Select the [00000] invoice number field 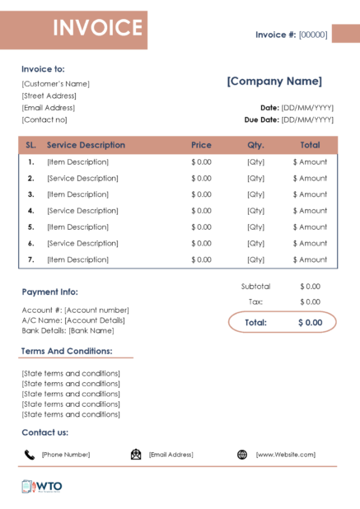(313, 35)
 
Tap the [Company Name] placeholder (274, 81)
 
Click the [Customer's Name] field (56, 83)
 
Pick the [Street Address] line (49, 96)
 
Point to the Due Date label (261, 119)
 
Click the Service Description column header (86, 145)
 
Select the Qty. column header (255, 145)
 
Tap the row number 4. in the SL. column (30, 211)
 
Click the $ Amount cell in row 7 (310, 259)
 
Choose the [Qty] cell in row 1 (255, 162)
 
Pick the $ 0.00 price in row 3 (201, 194)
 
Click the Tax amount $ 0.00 (310, 301)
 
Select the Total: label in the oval (255, 322)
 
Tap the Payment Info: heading (49, 292)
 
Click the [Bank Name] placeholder (91, 330)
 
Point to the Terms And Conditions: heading (67, 351)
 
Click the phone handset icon (30, 455)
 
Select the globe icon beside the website (242, 455)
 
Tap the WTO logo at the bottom (42, 486)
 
